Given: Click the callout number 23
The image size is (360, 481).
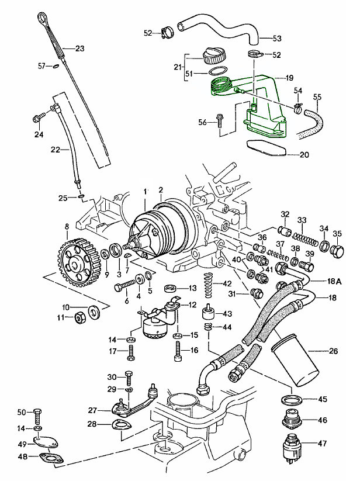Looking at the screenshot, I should point(80,48).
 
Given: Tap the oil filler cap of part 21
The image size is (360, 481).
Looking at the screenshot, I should point(213,57).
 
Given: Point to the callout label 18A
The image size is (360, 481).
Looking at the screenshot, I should point(335,281).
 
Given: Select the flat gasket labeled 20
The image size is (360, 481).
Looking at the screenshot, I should point(266,148).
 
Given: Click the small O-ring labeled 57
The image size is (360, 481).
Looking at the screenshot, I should point(54,67).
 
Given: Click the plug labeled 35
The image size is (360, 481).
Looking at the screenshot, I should point(337,252).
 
